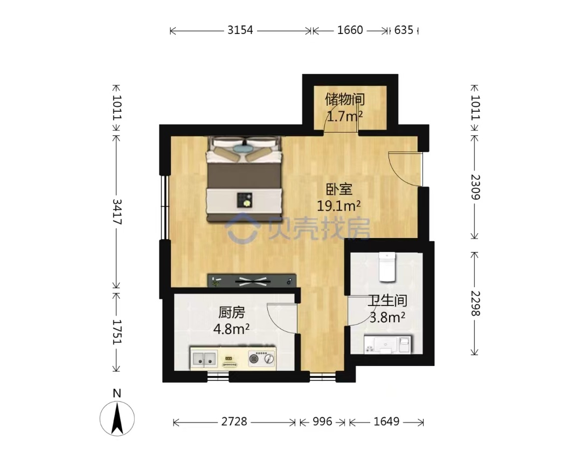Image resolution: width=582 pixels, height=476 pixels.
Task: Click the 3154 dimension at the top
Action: click(x=240, y=30)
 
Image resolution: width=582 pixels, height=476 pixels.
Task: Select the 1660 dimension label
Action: click(x=350, y=30)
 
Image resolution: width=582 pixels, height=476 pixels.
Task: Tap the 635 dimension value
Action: click(x=404, y=30)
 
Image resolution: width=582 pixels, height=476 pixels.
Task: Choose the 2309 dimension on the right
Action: click(x=475, y=187)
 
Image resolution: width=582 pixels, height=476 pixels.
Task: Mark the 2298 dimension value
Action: click(x=475, y=304)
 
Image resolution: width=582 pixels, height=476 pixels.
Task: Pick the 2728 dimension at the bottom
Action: click(x=234, y=421)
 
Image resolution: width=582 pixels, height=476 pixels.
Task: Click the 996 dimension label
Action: click(x=322, y=421)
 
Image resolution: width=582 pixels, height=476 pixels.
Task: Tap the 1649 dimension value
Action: click(x=386, y=421)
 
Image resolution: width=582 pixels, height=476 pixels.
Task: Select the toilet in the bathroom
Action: click(x=387, y=267)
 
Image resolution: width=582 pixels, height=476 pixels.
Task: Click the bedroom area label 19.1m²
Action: click(x=338, y=206)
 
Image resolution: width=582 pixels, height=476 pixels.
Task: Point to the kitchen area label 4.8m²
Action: click(x=231, y=329)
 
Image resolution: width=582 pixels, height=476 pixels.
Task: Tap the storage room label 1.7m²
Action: click(x=344, y=117)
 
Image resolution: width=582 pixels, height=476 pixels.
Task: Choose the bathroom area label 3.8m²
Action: click(x=387, y=317)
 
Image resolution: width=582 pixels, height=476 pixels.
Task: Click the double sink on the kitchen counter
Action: click(x=204, y=358)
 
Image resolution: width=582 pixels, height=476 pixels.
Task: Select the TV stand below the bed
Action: click(x=252, y=281)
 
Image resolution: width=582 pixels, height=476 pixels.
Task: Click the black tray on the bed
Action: click(x=245, y=200)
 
